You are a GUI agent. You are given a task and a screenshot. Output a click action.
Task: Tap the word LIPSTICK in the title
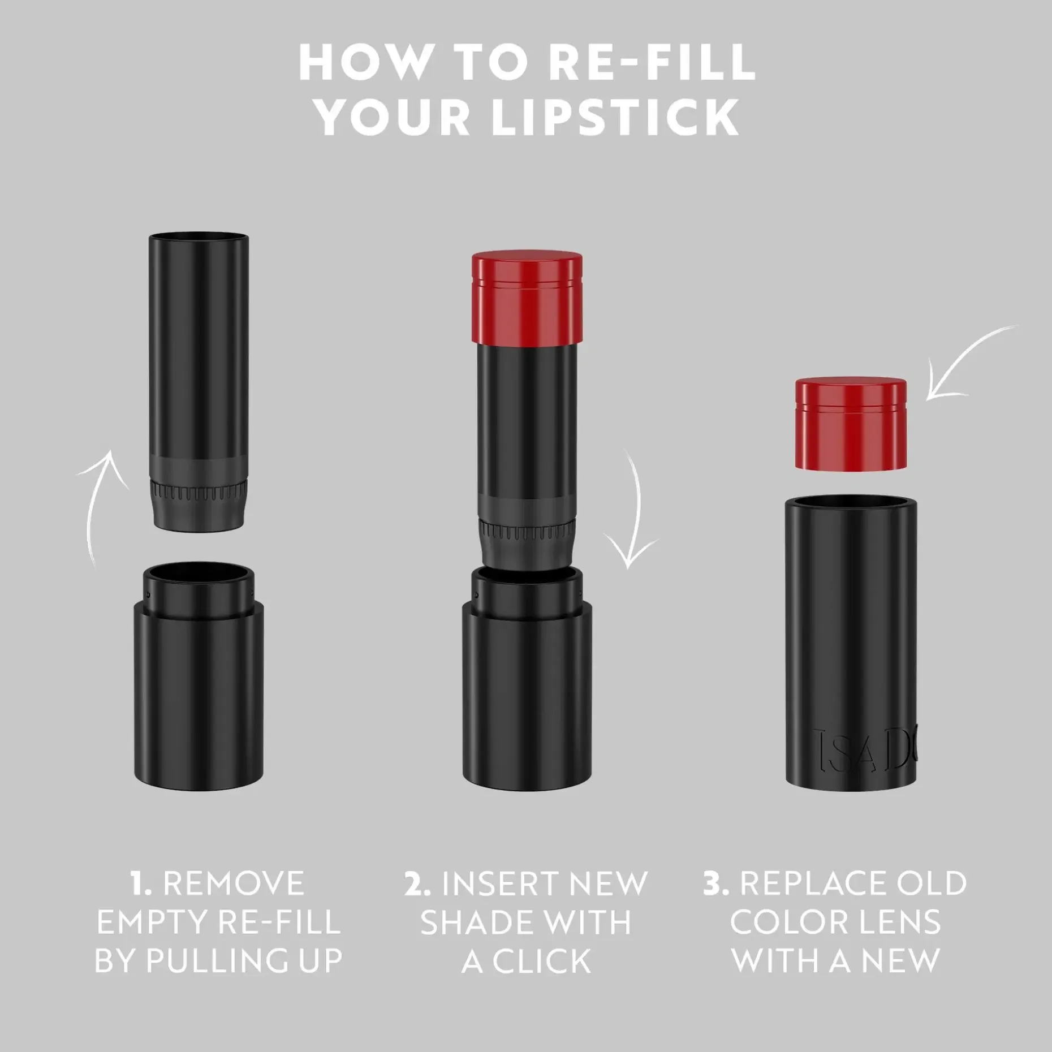tap(615, 117)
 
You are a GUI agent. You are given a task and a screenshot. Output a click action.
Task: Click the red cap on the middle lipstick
tap(527, 298)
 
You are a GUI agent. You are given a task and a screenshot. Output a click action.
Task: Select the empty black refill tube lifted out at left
tap(199, 382)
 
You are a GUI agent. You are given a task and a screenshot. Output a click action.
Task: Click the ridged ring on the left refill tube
tap(199, 490)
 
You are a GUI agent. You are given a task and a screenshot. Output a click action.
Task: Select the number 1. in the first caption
tap(141, 883)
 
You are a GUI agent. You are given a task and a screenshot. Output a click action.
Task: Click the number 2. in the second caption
tap(417, 883)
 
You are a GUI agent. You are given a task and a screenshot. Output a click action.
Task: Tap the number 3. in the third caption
tap(717, 883)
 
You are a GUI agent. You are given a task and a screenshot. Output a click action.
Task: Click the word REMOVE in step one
tap(234, 883)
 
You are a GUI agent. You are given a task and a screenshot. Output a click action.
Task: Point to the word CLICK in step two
tap(542, 962)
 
